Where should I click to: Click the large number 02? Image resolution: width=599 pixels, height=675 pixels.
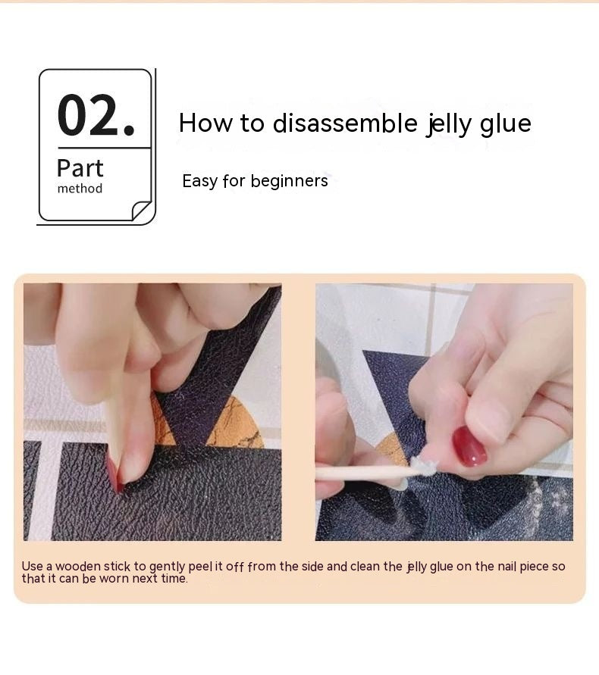(96, 115)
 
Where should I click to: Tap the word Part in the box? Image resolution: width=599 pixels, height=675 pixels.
(80, 168)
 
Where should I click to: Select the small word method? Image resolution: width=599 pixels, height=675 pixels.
(80, 189)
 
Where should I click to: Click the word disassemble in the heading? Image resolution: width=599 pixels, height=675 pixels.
(345, 123)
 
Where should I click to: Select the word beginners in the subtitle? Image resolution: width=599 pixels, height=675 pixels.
(289, 181)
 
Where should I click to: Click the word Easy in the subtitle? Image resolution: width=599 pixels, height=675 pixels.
(199, 181)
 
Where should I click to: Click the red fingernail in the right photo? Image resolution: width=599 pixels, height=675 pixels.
(469, 446)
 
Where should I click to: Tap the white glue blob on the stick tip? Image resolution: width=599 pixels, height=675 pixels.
(422, 467)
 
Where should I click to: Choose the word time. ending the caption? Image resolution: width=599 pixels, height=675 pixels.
(174, 579)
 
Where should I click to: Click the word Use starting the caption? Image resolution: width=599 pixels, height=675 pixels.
(31, 567)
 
